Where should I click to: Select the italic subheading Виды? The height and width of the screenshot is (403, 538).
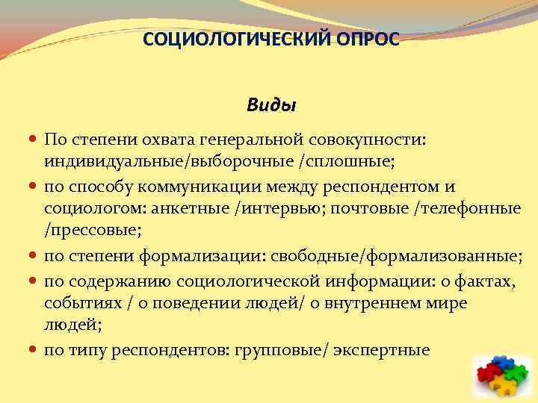tap(271, 106)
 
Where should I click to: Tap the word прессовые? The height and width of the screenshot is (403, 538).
tap(89, 231)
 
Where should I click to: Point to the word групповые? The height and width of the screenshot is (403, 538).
tap(281, 349)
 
